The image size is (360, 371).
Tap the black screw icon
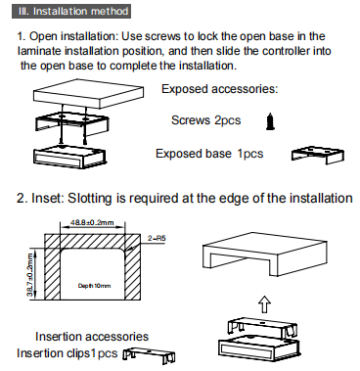(270, 121)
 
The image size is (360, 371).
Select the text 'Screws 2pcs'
(206, 120)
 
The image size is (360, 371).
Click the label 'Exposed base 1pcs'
(209, 154)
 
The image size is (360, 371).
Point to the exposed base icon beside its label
(318, 155)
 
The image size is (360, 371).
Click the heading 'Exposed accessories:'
(219, 89)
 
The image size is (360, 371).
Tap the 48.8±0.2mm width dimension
(92, 222)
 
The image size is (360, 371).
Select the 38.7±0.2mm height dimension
(31, 274)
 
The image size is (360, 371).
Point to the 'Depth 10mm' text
(94, 286)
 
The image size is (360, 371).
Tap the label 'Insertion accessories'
(92, 336)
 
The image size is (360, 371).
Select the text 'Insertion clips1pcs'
(67, 353)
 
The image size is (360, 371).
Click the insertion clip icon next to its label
(149, 355)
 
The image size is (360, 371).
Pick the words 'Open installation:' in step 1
(72, 37)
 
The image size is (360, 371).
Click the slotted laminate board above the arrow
(265, 254)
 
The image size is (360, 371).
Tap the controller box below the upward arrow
(259, 347)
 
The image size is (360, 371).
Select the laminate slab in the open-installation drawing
(88, 94)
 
